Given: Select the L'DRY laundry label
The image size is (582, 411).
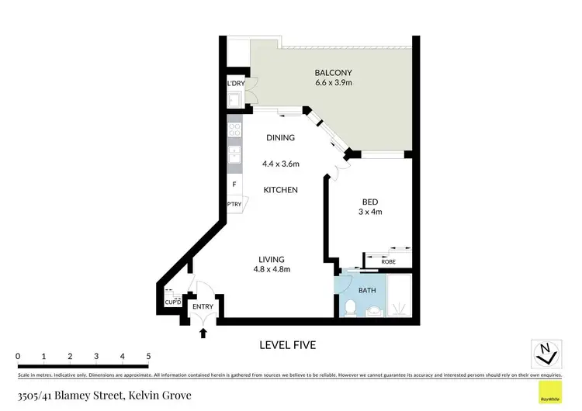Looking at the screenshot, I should (x=236, y=84).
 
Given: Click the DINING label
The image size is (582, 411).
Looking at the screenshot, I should (x=281, y=138).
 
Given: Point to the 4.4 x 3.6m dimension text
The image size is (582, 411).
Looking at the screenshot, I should (x=281, y=164).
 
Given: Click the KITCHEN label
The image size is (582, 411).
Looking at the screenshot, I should (x=281, y=189).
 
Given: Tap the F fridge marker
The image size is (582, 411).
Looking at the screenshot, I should (x=234, y=185).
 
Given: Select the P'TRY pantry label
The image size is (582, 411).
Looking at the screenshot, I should (x=234, y=204).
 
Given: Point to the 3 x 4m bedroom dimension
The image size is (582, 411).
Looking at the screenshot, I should (x=371, y=211).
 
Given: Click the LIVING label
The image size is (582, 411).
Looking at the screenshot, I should (x=272, y=259).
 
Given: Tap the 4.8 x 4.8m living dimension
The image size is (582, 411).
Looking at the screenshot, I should (x=272, y=270).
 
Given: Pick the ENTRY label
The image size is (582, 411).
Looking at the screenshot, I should (x=203, y=307).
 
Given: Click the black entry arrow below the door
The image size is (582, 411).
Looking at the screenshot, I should (x=204, y=333).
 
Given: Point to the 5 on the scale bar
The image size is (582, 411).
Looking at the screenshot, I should (x=148, y=356).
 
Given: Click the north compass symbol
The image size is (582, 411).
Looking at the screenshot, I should (x=547, y=354).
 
